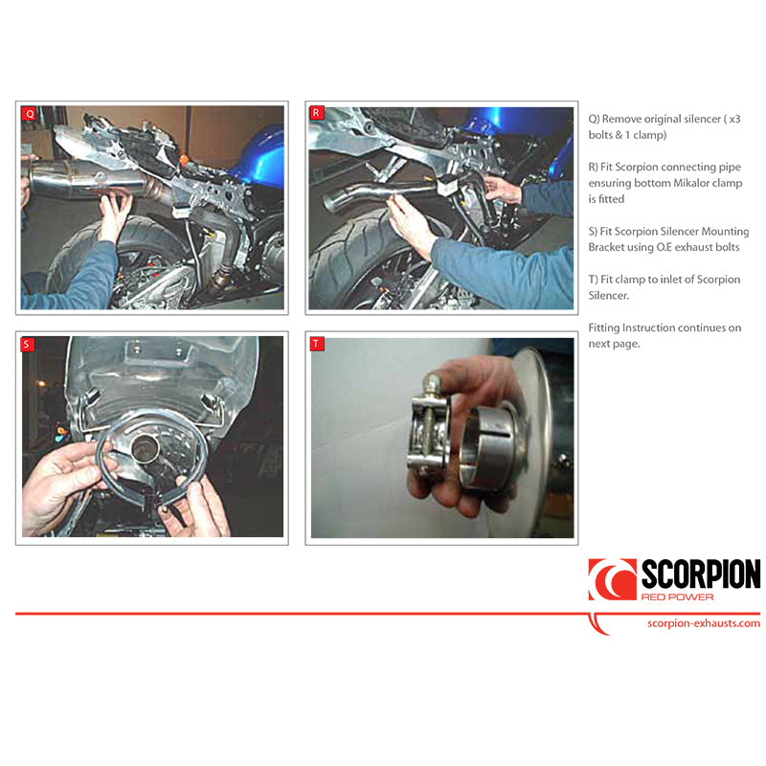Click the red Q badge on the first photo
30,114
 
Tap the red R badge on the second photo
316,113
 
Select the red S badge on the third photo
27,344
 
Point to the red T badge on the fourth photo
317,344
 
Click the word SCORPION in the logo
701,574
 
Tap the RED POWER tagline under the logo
677,597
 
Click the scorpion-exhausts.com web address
704,623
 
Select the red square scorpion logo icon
612,579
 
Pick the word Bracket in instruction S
606,247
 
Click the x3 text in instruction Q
734,119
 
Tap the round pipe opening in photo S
146,446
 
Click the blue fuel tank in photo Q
259,156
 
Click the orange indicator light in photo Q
184,160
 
